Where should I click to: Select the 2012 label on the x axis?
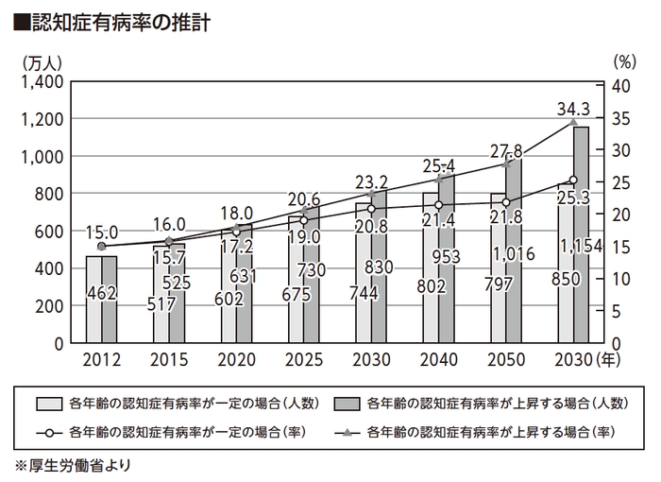point(101,360)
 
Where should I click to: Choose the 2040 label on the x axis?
point(437,360)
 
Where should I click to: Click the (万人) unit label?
point(41,62)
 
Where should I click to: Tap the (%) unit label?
point(626,62)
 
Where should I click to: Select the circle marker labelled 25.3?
point(572,180)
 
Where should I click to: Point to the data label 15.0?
point(101,232)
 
